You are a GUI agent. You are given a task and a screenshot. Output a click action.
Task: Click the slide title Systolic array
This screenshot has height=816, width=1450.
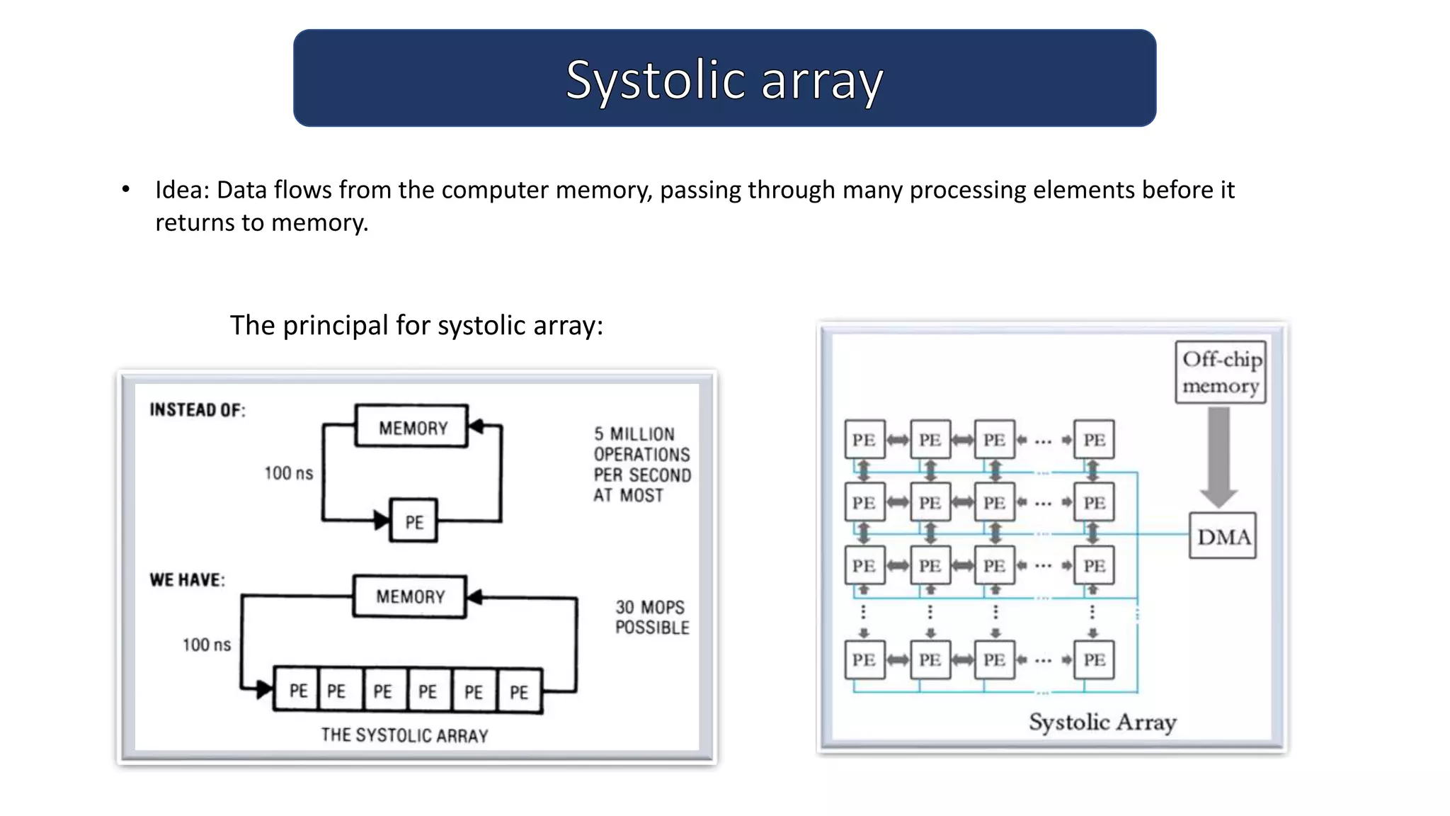click(724, 79)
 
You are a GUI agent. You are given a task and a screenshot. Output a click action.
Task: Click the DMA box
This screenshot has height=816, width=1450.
click(1223, 536)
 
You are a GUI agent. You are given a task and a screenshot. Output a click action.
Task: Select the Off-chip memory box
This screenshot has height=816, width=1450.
click(1221, 373)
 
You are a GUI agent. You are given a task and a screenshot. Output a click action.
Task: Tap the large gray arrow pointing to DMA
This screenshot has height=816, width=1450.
click(1218, 457)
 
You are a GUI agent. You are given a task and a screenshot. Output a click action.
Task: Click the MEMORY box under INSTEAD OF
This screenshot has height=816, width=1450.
click(412, 426)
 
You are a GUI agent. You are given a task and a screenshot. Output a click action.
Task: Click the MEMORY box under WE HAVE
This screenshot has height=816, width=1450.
click(410, 596)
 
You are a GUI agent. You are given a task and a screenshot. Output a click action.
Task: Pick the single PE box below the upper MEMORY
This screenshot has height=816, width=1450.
click(413, 521)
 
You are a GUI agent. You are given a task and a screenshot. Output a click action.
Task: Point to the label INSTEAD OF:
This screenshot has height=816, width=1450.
click(198, 410)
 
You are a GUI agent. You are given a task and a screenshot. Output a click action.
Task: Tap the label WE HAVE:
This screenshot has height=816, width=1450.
click(188, 579)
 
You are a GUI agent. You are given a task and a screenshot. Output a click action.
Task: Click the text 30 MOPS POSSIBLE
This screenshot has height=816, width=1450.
click(651, 617)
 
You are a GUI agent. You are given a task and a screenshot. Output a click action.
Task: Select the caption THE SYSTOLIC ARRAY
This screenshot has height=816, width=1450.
click(404, 735)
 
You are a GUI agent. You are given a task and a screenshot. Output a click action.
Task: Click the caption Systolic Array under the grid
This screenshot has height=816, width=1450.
click(1102, 722)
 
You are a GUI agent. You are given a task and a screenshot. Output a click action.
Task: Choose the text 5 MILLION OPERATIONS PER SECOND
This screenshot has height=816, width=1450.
click(641, 464)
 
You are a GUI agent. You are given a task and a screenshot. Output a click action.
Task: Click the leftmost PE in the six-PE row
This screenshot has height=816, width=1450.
click(297, 691)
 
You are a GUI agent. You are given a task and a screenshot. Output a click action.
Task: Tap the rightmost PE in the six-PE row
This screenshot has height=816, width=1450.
click(519, 691)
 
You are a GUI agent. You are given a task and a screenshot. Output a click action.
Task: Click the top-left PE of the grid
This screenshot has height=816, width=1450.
click(864, 440)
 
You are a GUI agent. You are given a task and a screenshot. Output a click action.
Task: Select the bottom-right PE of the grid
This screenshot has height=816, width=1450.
click(1094, 659)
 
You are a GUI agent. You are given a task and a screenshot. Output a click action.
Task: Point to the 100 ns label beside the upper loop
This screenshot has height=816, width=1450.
click(288, 473)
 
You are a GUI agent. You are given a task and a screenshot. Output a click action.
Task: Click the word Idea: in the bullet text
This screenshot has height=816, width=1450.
click(182, 190)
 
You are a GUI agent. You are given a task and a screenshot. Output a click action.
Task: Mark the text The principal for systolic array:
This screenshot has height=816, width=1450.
click(416, 325)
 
